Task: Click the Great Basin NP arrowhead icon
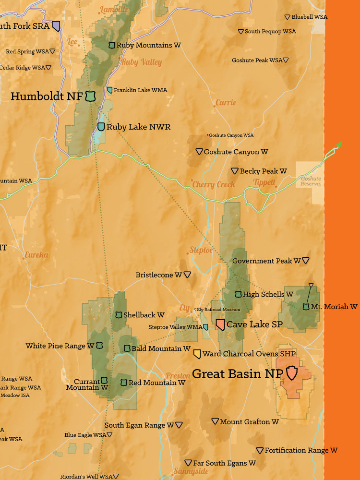(x=292, y=372)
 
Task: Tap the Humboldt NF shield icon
(x=90, y=96)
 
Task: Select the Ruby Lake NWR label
(x=138, y=127)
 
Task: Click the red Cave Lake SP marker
(x=220, y=325)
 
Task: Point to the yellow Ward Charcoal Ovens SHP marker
(x=197, y=354)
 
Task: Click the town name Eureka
(x=36, y=255)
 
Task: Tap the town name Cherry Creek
(x=214, y=184)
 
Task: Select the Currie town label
(x=226, y=103)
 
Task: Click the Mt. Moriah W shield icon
(x=306, y=307)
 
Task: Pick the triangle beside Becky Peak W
(x=235, y=171)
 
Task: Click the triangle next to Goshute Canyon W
(x=199, y=152)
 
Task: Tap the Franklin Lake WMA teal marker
(x=110, y=90)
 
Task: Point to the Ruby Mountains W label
(x=148, y=45)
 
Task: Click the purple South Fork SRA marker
(x=56, y=26)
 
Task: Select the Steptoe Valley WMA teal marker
(x=205, y=327)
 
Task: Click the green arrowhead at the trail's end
(x=339, y=144)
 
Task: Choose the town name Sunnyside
(x=191, y=471)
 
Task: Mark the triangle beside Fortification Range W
(x=260, y=451)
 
